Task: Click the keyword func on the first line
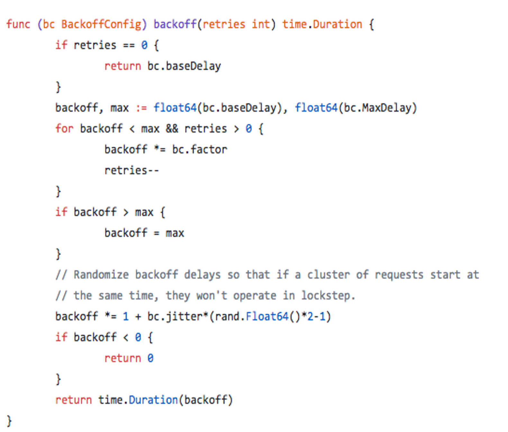(x=18, y=24)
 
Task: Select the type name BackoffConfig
(x=101, y=24)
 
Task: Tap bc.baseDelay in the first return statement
(x=184, y=66)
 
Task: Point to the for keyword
(x=64, y=129)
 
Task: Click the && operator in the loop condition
(x=172, y=129)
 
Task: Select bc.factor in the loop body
(x=199, y=149)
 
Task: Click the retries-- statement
(x=132, y=170)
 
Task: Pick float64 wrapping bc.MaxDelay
(x=316, y=108)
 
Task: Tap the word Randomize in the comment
(x=101, y=275)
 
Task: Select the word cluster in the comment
(x=328, y=275)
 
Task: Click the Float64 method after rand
(x=267, y=317)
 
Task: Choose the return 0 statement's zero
(x=150, y=358)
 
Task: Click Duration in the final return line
(x=153, y=400)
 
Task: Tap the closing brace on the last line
(x=9, y=421)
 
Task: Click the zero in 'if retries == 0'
(x=144, y=45)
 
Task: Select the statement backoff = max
(x=144, y=233)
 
